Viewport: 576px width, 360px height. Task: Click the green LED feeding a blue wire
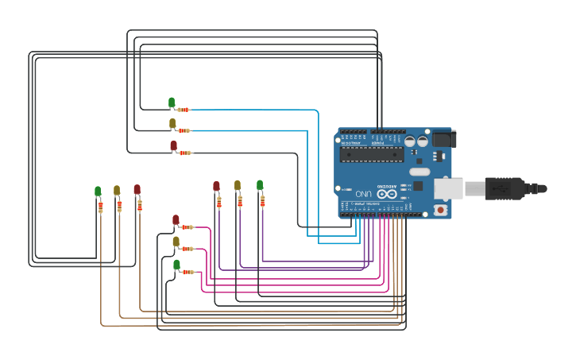pyautogui.click(x=172, y=102)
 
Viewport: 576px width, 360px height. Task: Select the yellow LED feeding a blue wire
pyautogui.click(x=172, y=122)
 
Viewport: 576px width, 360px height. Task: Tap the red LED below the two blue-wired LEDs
pyautogui.click(x=173, y=145)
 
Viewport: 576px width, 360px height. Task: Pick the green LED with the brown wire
pyautogui.click(x=98, y=191)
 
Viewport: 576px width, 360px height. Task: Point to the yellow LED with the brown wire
pyautogui.click(x=117, y=190)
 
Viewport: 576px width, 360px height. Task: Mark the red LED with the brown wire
pyautogui.click(x=137, y=189)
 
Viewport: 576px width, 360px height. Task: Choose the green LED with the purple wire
pyautogui.click(x=260, y=185)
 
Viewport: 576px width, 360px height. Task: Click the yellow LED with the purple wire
pyautogui.click(x=238, y=185)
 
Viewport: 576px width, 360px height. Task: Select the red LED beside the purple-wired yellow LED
pyautogui.click(x=216, y=186)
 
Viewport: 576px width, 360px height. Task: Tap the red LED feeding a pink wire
pyautogui.click(x=176, y=219)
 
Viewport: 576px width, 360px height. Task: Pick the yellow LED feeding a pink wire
pyautogui.click(x=176, y=241)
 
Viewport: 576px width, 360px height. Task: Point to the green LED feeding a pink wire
pyautogui.click(x=176, y=264)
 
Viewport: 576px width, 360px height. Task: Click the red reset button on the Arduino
pyautogui.click(x=439, y=210)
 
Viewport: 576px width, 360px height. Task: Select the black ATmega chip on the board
pyautogui.click(x=371, y=153)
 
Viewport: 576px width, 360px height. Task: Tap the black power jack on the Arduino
pyautogui.click(x=443, y=139)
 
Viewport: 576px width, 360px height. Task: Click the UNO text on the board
pyautogui.click(x=363, y=193)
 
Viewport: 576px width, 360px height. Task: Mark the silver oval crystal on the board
pyautogui.click(x=419, y=171)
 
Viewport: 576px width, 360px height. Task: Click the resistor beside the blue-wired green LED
pyautogui.click(x=184, y=110)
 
